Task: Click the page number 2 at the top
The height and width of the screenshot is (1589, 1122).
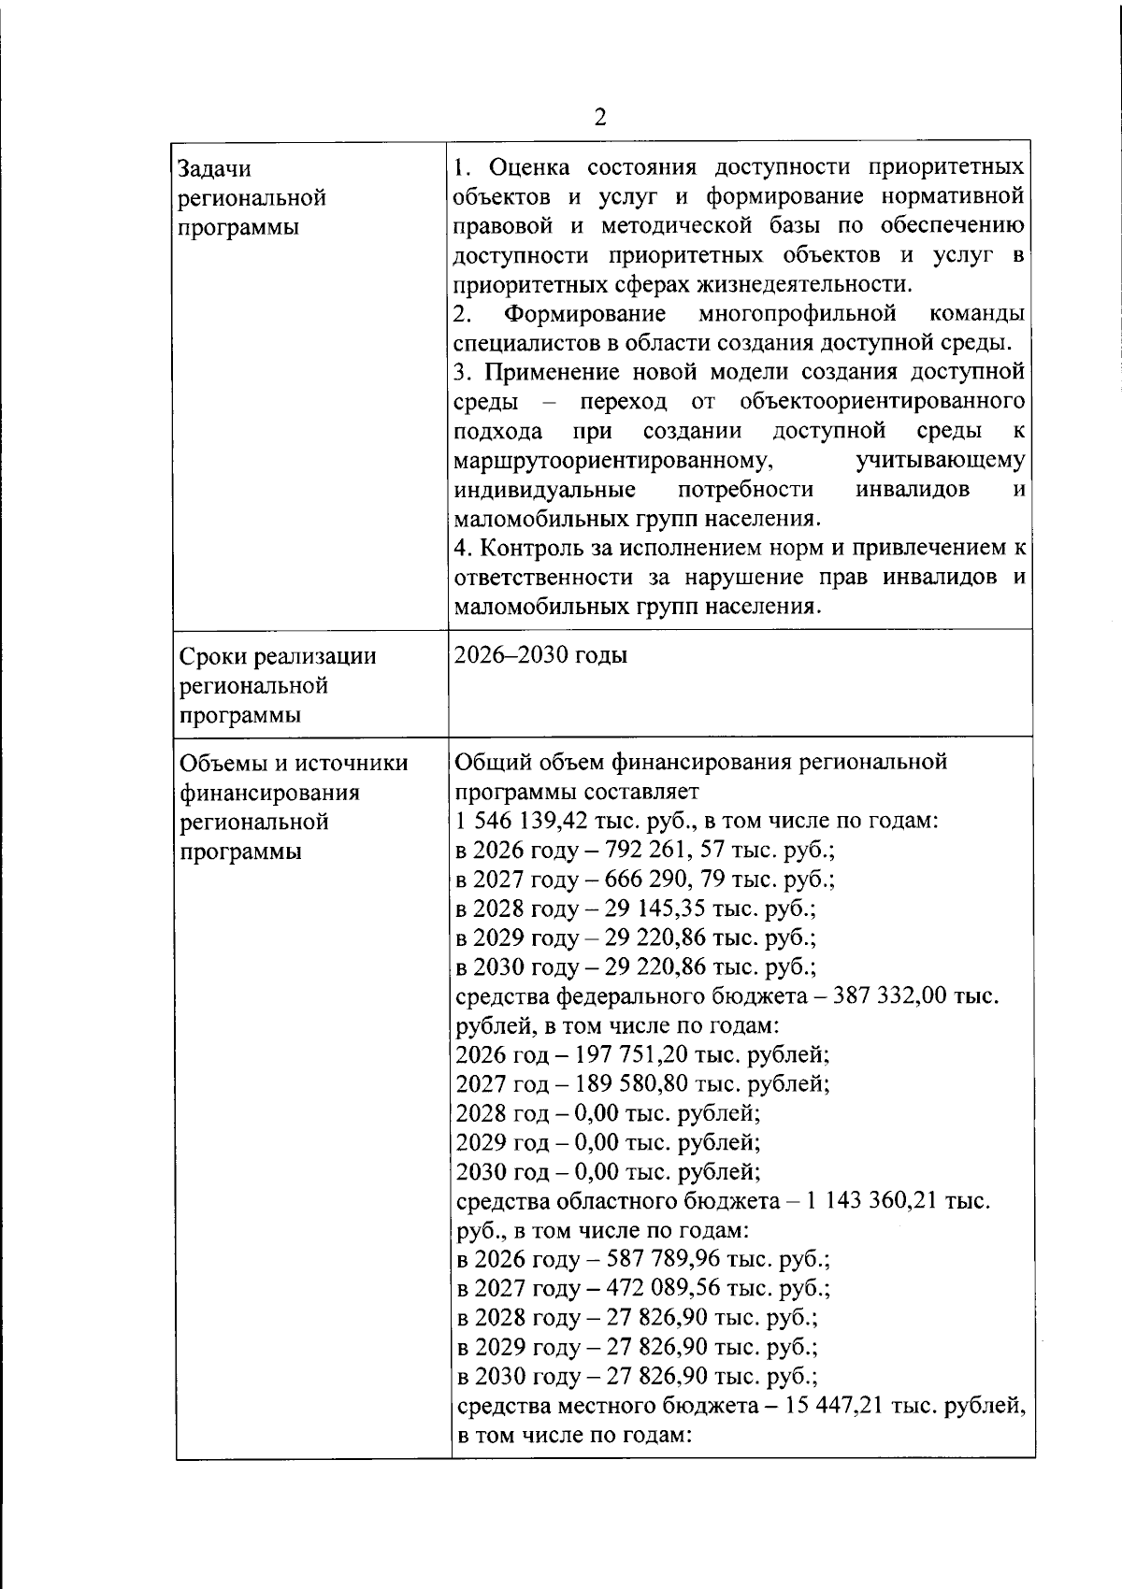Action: (600, 117)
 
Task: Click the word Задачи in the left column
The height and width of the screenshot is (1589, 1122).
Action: (214, 169)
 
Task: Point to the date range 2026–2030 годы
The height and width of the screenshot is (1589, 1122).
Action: (540, 655)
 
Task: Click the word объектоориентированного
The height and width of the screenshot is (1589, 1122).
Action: (882, 402)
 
